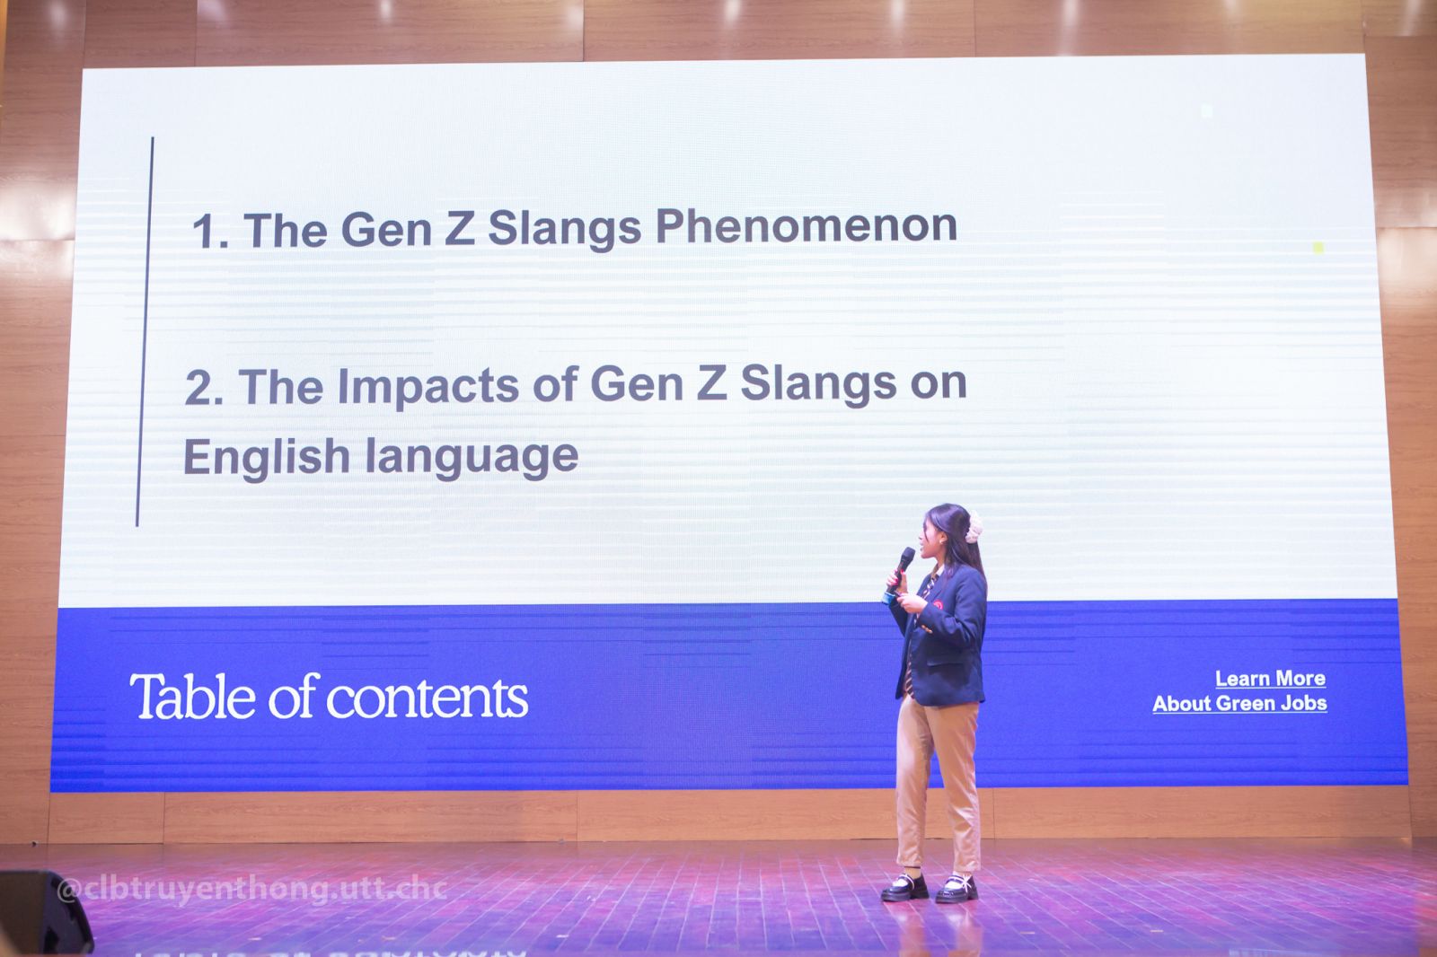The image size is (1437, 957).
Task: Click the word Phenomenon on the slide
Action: point(807,227)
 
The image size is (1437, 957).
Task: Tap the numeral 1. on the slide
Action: point(210,232)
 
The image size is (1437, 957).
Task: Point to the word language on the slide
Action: point(472,458)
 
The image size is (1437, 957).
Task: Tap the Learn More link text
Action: point(1270,679)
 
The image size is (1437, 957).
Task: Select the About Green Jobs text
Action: point(1239,704)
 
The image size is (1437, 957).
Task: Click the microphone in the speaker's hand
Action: point(899,571)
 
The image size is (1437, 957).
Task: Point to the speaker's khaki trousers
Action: point(938,786)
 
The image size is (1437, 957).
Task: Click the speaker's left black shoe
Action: point(904,888)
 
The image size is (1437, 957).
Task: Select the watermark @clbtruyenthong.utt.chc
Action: point(252,891)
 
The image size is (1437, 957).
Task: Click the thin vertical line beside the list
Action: point(145,331)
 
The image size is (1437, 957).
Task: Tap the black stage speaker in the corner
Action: point(44,912)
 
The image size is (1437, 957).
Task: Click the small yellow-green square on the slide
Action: point(1318,248)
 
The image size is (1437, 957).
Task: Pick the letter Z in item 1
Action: point(459,229)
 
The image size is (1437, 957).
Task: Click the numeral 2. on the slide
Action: point(203,389)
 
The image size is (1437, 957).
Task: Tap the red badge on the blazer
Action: point(938,604)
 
